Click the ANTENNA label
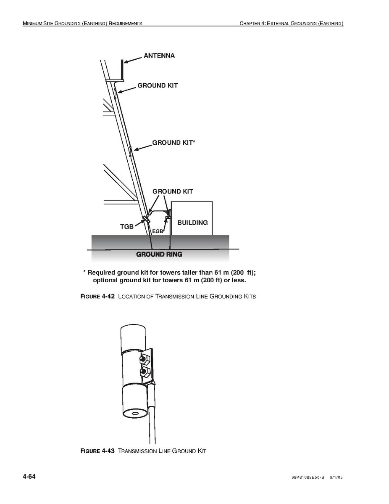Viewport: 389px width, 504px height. (159, 56)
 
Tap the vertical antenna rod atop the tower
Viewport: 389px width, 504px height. (123, 70)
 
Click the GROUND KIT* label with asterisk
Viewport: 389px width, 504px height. (173, 143)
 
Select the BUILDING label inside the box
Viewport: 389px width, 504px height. (192, 223)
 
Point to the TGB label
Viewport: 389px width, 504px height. (126, 227)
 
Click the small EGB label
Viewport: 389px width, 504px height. (158, 231)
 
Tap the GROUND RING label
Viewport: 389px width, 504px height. (159, 255)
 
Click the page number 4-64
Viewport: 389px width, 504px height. (29, 477)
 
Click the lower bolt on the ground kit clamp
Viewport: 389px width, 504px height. (144, 371)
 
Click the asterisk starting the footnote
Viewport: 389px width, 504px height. (84, 272)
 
